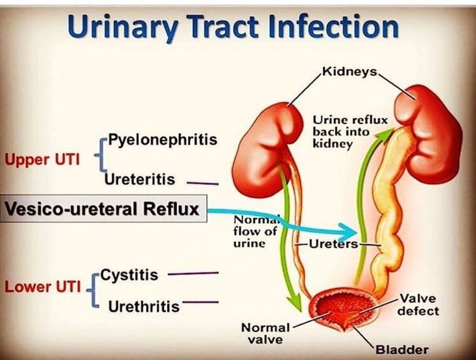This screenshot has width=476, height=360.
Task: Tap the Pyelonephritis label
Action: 162,139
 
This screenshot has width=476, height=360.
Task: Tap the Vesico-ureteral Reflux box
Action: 102,210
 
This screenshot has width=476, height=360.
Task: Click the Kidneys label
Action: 348,71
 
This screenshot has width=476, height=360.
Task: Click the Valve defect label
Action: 419,304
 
